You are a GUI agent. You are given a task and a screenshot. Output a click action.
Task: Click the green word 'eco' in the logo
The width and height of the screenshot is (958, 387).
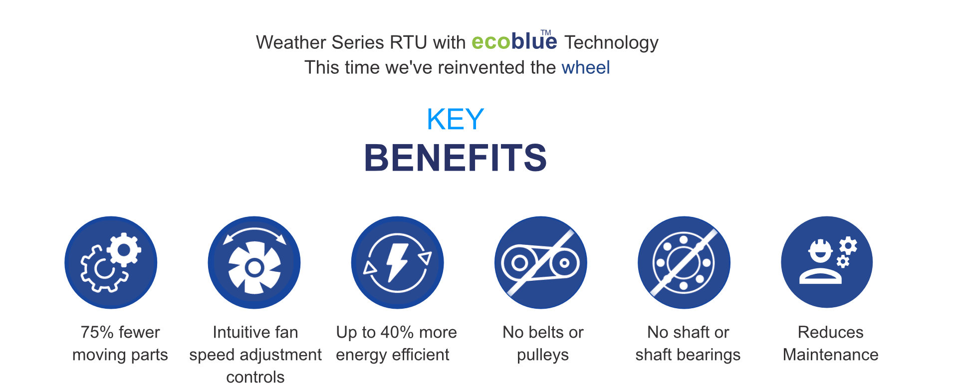[491, 42]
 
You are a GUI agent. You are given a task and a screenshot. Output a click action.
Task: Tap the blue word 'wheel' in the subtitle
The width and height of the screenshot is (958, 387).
[586, 67]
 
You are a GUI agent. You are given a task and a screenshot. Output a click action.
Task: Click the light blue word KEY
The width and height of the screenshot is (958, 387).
[455, 119]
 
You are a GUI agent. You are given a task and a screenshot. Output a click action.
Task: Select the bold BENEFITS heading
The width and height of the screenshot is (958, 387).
[456, 158]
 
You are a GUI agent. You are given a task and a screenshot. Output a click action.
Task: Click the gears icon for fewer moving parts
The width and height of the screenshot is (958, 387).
[111, 262]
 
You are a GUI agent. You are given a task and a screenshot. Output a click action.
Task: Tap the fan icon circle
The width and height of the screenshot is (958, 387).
[254, 262]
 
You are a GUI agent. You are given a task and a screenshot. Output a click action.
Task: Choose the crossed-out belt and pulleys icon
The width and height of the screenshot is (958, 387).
[541, 262]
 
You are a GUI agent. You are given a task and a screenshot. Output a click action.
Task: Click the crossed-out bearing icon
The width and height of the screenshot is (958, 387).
[684, 262]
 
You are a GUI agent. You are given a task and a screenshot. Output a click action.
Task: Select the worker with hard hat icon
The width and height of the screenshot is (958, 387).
[827, 262]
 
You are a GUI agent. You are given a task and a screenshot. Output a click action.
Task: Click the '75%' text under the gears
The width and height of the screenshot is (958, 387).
[97, 332]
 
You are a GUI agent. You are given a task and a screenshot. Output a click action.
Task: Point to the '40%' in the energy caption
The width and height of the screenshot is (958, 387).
[397, 332]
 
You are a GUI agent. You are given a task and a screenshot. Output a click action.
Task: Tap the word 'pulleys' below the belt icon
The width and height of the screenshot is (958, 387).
[543, 355]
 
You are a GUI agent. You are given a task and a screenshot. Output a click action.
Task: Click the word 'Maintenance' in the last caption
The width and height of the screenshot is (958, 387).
[831, 355]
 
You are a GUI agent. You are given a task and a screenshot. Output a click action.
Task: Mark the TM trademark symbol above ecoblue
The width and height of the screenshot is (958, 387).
[546, 32]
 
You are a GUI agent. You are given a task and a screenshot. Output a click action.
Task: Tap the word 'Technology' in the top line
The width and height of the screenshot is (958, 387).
[611, 43]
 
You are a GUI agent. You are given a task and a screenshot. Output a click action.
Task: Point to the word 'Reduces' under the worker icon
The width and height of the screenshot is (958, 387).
[830, 332]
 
